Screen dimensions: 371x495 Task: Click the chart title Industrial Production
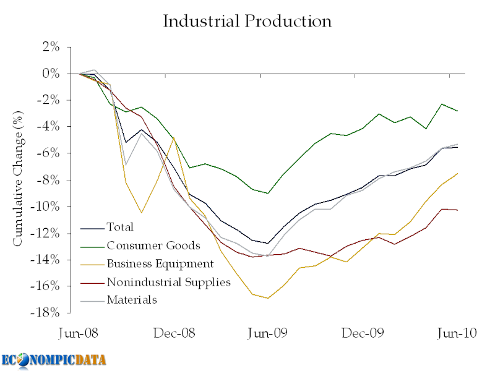point(247,21)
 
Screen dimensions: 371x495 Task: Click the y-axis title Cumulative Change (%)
point(18,180)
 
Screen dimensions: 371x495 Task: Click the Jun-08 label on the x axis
point(78,333)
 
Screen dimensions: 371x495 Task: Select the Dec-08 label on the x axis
point(175,333)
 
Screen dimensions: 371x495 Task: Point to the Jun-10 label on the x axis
point(457,333)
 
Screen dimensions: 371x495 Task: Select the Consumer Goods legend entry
point(153,246)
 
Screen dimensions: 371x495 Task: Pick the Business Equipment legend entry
point(160,264)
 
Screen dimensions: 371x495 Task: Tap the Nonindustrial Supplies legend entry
point(168,282)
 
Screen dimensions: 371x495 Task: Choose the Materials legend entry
point(132,300)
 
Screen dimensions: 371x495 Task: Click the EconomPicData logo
point(54,359)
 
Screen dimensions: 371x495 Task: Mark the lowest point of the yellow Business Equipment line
point(268,298)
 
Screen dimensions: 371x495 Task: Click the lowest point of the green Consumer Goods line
point(268,193)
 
